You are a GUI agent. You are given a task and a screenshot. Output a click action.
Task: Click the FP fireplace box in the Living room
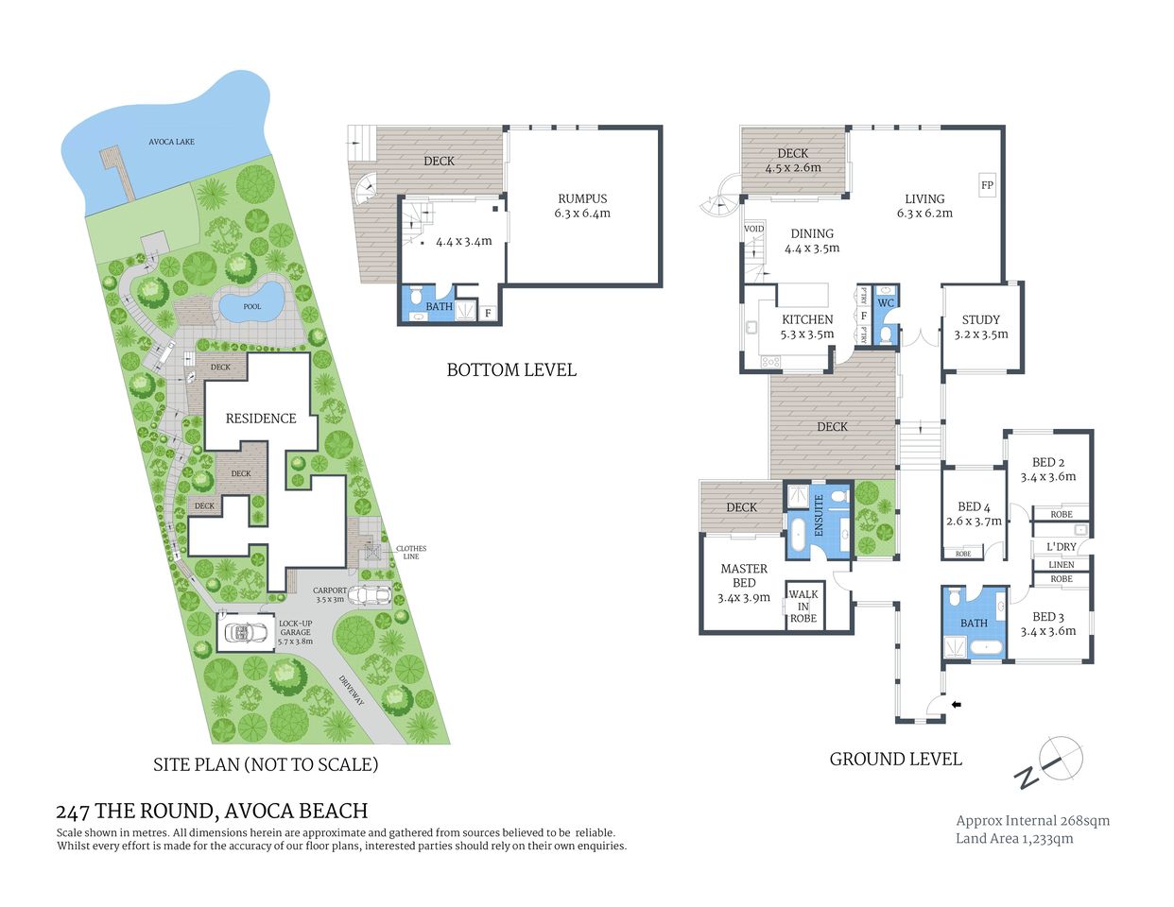coord(987,185)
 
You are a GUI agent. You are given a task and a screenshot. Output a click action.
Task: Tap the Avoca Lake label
coord(171,142)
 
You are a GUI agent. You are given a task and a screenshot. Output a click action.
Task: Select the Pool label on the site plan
coord(251,306)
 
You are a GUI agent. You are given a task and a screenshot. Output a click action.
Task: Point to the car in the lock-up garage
coord(246,632)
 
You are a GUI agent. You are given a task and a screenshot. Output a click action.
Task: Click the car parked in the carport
coord(370,596)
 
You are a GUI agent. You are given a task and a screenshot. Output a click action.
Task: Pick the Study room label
coord(980,327)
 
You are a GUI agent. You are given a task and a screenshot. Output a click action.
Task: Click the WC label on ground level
coord(886,303)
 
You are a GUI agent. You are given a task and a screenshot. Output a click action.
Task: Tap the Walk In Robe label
coord(803,607)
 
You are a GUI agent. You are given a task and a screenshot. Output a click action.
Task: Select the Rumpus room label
coord(582,205)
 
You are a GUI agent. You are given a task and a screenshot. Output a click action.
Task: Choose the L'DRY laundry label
coord(1061,547)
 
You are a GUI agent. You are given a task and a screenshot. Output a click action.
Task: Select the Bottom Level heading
coord(510,369)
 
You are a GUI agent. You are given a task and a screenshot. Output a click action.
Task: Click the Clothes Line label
coord(410,552)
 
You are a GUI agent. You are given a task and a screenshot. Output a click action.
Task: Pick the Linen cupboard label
coord(1061,564)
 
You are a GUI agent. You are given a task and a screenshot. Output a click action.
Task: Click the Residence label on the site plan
coord(260,418)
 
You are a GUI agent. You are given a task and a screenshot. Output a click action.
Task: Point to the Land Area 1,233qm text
coord(1014,838)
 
